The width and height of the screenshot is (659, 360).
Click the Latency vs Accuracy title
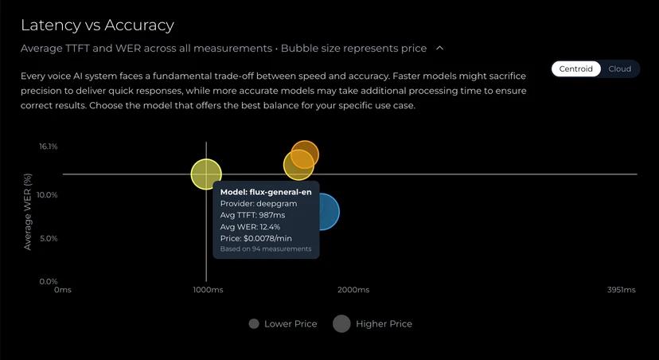(97, 25)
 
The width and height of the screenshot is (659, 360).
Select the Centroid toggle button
(575, 68)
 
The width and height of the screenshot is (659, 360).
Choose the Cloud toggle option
(619, 68)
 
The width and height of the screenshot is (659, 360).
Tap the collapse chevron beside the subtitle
(440, 48)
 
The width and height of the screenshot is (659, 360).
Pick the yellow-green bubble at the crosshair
(206, 174)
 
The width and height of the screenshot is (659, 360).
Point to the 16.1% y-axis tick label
(48, 147)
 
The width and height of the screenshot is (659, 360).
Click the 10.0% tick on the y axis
(47, 195)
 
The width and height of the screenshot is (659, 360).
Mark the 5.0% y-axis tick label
(49, 238)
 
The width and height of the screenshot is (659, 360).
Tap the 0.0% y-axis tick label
(49, 281)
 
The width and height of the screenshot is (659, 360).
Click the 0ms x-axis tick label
(63, 290)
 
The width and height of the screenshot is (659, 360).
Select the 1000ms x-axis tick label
(206, 290)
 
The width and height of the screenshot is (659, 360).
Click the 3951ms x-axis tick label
(622, 290)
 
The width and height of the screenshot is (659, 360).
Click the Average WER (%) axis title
(27, 211)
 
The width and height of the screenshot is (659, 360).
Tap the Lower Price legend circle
(254, 324)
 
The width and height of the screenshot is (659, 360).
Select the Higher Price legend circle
(341, 323)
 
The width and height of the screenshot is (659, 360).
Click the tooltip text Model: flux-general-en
(265, 192)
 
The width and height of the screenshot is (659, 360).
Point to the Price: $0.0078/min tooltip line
(256, 238)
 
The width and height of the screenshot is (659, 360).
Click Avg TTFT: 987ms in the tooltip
(252, 215)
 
